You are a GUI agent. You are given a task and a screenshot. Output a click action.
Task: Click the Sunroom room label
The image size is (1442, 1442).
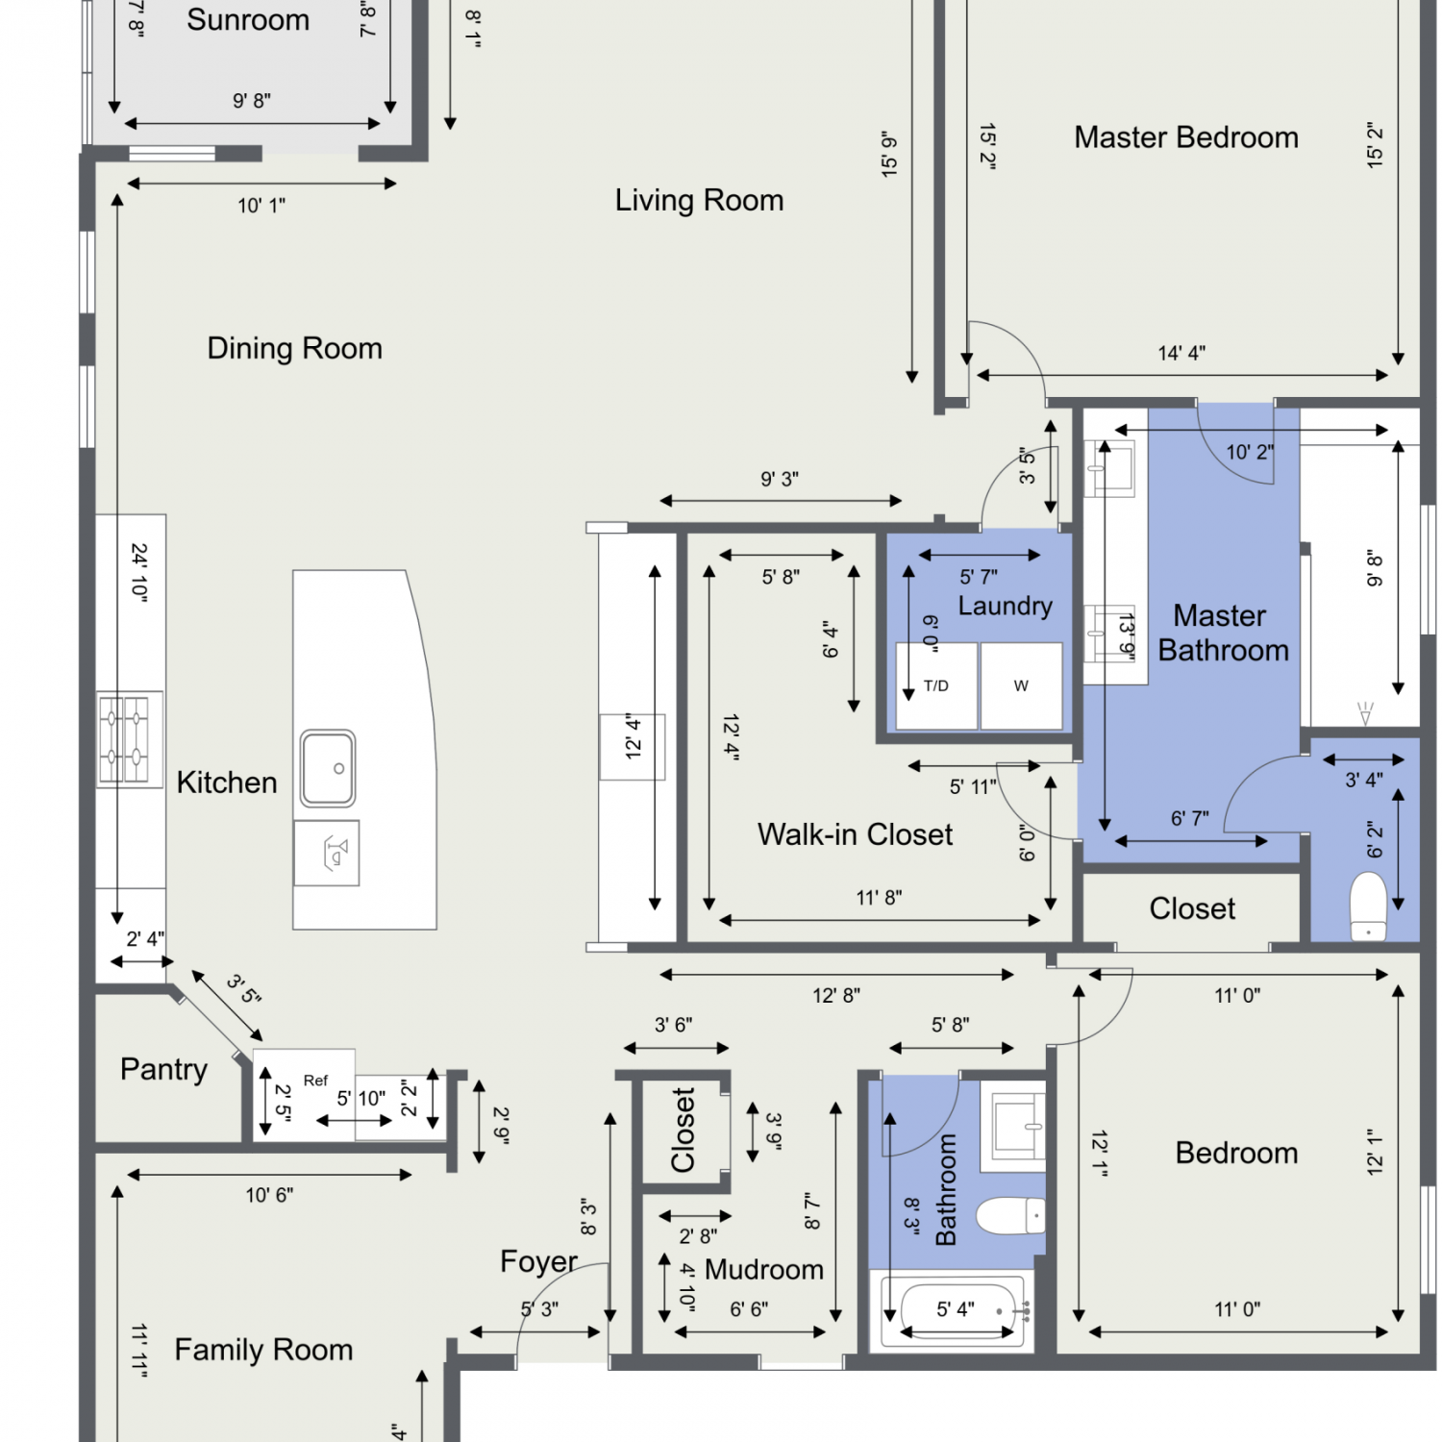248,19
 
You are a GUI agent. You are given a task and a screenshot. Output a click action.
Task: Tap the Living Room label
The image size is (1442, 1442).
699,200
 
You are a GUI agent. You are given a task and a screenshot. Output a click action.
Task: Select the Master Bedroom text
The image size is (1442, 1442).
1186,137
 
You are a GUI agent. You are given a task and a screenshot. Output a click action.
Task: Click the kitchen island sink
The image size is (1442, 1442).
328,768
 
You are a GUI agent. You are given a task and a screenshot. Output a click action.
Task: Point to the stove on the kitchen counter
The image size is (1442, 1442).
130,738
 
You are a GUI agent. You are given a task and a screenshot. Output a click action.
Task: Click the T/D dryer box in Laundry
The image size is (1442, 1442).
936,685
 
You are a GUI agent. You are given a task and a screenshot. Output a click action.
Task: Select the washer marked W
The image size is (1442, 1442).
1021,685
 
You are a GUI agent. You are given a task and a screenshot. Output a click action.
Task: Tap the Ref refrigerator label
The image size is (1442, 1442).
315,1081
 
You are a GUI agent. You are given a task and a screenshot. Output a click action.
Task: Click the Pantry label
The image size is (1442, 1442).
163,1069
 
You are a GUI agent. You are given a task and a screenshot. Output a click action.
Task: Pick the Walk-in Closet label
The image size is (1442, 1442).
855,834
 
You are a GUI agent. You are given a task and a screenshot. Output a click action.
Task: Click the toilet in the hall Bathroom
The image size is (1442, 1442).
1010,1216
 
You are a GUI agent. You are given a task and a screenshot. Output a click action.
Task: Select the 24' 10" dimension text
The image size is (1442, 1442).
139,573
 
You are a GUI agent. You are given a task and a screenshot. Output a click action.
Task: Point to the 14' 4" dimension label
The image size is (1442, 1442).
1181,353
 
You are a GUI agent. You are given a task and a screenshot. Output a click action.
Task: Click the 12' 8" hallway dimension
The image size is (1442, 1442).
836,995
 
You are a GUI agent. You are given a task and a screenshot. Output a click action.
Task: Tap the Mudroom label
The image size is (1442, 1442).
764,1270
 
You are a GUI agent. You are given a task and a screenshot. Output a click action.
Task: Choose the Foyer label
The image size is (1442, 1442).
538,1261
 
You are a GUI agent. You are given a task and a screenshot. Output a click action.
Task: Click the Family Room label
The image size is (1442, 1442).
263,1350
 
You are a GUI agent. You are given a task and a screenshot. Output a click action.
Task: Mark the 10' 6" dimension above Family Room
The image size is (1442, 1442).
269,1195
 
